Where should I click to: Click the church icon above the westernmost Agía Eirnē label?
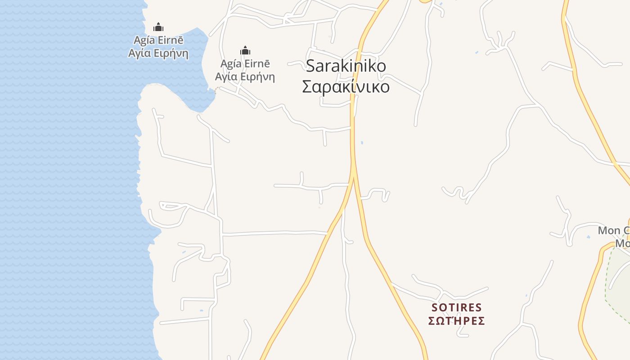click(158, 27)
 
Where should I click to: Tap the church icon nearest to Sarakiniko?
click(245, 50)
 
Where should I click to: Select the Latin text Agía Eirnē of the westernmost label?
click(158, 40)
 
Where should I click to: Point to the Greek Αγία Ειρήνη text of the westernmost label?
click(158, 53)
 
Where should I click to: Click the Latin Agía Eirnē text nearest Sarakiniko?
click(245, 63)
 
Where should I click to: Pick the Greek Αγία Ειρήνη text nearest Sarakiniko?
click(245, 76)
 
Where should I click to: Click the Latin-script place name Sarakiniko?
click(346, 66)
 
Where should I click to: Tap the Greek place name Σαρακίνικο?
click(346, 86)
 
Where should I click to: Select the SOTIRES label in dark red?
click(456, 308)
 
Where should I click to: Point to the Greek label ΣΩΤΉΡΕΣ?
click(456, 321)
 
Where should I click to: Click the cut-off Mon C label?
click(613, 230)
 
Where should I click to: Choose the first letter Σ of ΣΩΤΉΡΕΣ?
click(432, 321)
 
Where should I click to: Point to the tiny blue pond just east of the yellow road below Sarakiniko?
click(362, 143)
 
